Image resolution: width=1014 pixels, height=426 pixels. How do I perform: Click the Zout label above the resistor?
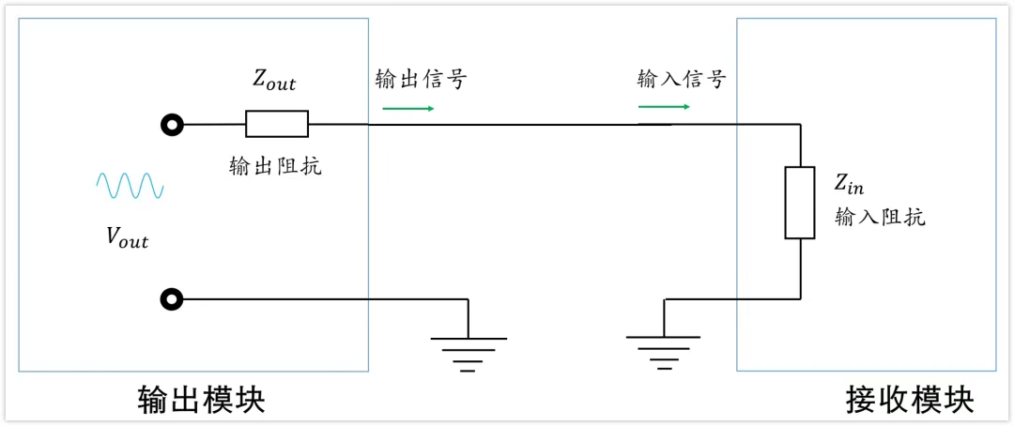274,82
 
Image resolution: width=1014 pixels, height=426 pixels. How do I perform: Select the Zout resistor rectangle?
276,124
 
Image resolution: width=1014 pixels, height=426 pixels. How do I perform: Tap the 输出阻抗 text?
275,166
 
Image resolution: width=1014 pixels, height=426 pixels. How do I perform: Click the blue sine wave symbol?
131,186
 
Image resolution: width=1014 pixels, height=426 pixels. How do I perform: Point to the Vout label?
127,238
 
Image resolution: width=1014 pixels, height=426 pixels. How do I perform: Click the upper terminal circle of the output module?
171,124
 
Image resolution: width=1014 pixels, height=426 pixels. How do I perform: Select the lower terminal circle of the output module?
171,300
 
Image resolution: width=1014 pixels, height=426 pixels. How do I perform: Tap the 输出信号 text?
420,80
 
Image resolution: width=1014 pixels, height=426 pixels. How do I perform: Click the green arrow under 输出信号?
408,108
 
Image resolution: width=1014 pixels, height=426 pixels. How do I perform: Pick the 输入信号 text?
682,80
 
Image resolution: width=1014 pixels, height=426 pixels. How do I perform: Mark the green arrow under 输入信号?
664,107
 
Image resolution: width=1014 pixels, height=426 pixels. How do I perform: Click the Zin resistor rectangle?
799,202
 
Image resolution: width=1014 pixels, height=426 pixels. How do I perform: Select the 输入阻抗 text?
880,218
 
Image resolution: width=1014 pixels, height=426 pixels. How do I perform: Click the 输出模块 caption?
202,400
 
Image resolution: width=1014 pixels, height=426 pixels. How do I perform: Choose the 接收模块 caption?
910,400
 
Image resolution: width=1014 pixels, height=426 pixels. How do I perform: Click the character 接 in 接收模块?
862,400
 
